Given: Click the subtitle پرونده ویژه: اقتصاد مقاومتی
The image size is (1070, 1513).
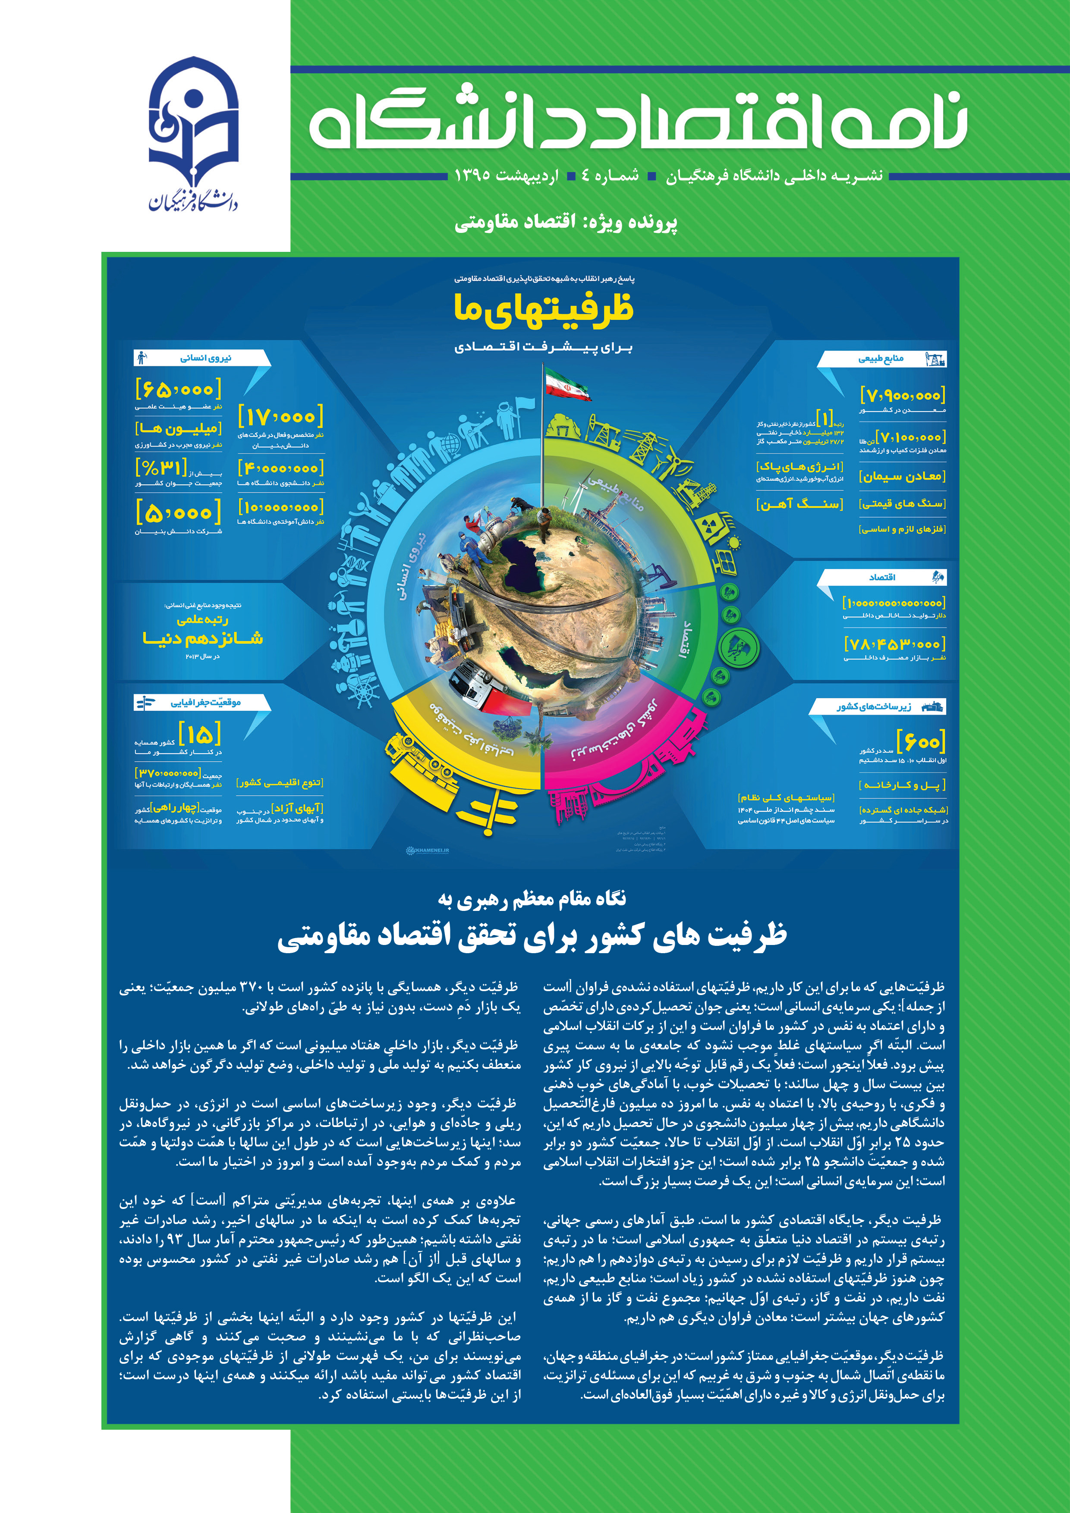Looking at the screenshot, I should (566, 222).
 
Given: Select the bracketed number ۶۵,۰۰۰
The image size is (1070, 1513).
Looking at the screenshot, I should (178, 389).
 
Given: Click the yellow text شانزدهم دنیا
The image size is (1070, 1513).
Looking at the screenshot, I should (203, 638).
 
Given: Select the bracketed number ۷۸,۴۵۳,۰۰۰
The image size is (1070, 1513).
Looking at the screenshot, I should (895, 644).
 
